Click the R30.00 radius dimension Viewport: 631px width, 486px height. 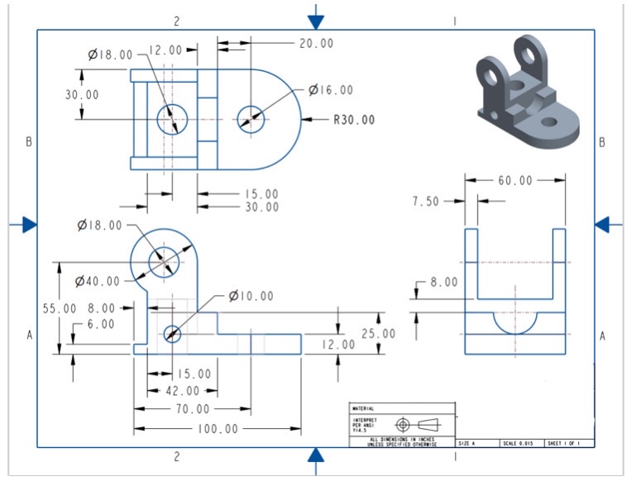(x=354, y=120)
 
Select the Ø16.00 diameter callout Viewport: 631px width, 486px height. (x=331, y=90)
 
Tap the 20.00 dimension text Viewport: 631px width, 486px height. (x=317, y=43)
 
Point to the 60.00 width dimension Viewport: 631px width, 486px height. (x=515, y=181)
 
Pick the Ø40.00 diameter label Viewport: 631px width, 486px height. (x=98, y=282)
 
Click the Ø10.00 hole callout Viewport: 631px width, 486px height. (x=251, y=296)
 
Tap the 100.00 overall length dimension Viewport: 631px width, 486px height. (x=218, y=429)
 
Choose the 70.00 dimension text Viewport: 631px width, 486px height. (x=193, y=409)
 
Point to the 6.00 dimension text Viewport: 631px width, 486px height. (x=101, y=325)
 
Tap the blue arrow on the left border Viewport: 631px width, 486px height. (x=28, y=224)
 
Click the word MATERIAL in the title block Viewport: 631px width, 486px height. (x=363, y=408)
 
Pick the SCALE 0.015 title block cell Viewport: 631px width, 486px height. (x=521, y=444)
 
